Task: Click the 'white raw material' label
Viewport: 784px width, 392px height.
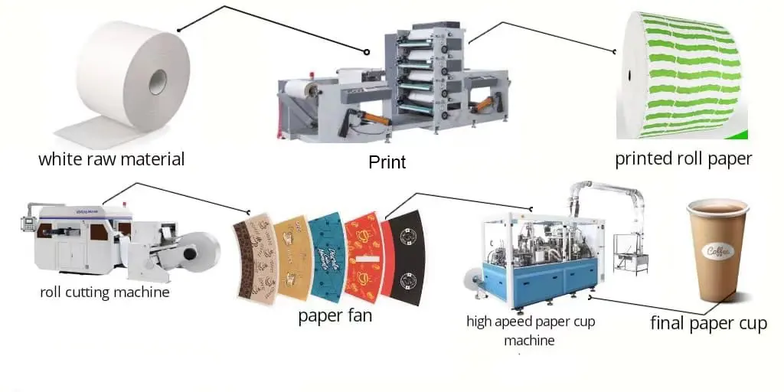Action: [112, 159]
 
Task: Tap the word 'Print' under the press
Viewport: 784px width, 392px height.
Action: [387, 162]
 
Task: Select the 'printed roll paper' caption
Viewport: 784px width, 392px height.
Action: [684, 159]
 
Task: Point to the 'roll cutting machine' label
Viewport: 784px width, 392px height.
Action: [105, 292]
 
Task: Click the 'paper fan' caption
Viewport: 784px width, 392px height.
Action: [335, 315]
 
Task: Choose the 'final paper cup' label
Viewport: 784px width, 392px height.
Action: [708, 323]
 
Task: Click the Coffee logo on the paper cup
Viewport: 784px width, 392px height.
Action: [719, 251]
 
